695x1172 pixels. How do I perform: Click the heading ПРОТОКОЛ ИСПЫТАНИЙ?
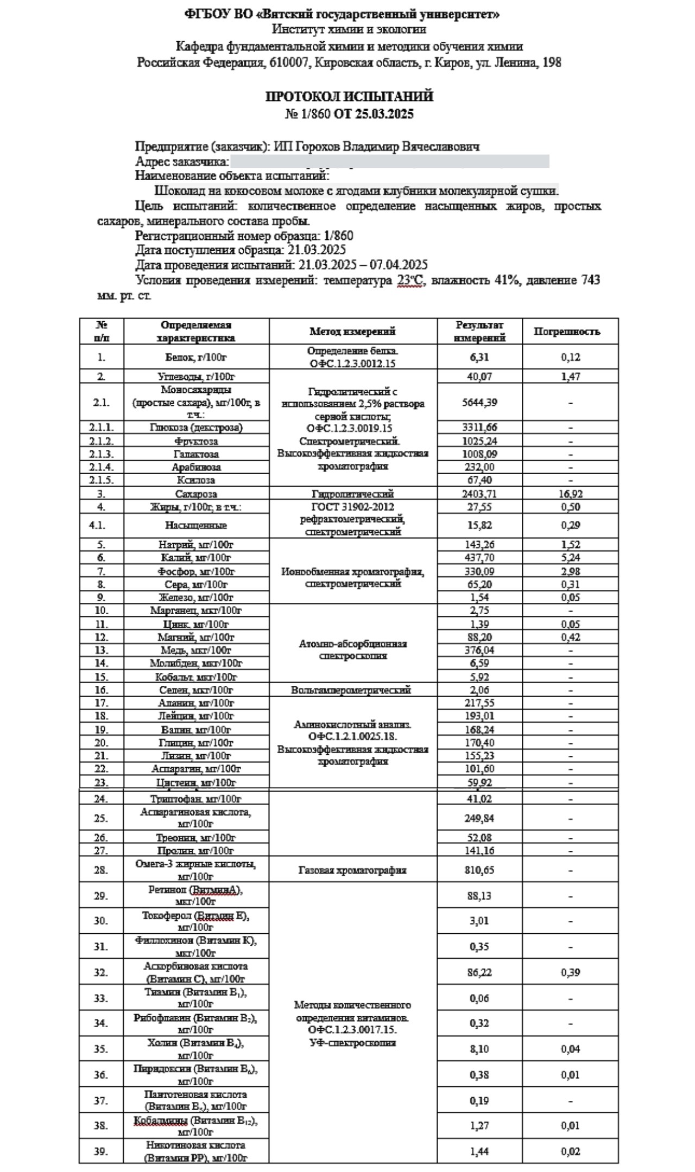point(349,97)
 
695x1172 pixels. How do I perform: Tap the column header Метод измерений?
point(352,332)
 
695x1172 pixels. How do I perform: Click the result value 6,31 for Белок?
point(479,357)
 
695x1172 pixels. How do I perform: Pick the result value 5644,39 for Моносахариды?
point(479,403)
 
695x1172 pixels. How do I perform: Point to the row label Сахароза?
point(196,494)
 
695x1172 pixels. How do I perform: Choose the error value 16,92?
point(570,494)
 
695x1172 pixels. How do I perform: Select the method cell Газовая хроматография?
point(352,870)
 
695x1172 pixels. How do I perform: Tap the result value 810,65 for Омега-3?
point(479,870)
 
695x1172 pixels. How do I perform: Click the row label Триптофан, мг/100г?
point(195,799)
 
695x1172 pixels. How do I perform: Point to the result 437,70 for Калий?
point(479,558)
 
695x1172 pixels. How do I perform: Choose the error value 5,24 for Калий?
point(570,558)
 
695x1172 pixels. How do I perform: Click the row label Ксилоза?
point(196,480)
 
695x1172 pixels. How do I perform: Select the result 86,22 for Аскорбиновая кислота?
point(479,972)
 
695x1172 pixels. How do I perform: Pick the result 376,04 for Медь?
point(479,650)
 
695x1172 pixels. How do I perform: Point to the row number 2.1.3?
point(101,454)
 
